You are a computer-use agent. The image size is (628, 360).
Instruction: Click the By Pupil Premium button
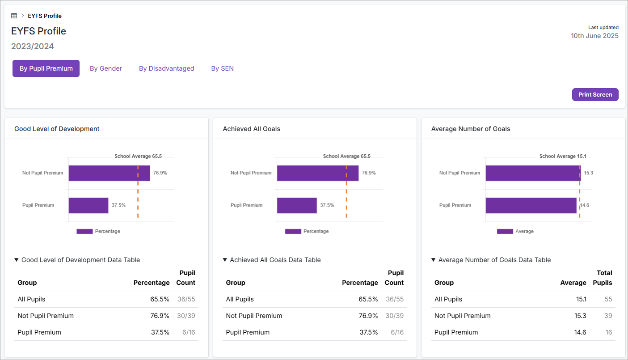[46, 68]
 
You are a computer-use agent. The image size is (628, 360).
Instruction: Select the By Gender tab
[106, 68]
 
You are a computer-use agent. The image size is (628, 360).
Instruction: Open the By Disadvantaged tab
[166, 68]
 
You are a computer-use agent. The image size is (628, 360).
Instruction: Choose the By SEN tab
[222, 68]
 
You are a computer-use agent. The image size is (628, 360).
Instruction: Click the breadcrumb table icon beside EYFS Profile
[14, 16]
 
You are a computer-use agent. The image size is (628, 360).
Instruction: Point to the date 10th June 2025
[594, 36]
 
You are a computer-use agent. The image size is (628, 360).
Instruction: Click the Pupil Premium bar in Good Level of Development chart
[89, 205]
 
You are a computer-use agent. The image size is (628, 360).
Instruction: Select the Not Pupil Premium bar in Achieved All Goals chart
[317, 173]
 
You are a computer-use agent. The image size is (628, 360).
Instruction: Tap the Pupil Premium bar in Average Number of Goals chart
[531, 205]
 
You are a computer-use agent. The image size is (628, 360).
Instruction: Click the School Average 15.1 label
[562, 157]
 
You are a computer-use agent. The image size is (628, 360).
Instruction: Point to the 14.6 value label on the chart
[584, 205]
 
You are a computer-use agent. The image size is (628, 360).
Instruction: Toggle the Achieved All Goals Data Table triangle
[225, 260]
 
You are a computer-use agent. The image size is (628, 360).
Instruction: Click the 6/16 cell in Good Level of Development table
[188, 332]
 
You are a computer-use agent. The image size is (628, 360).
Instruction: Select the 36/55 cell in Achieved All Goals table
[394, 299]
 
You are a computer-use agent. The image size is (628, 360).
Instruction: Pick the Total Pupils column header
[602, 278]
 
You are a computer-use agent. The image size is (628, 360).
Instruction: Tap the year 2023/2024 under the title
[33, 47]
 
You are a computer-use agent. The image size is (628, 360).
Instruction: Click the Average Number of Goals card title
[471, 129]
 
